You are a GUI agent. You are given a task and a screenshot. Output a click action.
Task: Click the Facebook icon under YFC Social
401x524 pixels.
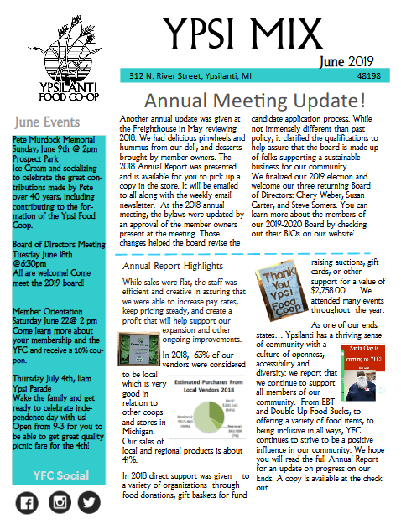tap(25, 503)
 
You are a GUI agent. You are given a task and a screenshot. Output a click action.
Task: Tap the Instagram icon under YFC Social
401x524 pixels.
tap(59, 503)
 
